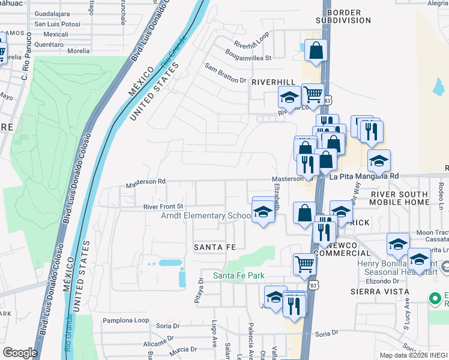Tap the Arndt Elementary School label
coord(205,216)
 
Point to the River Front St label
coord(162,206)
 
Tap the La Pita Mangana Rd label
coord(365,176)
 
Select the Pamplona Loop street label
coord(125,320)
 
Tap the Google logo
coord(19,352)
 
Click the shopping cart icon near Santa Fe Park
coord(304,263)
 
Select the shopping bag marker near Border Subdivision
coord(316,50)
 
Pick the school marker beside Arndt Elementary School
coord(262,212)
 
